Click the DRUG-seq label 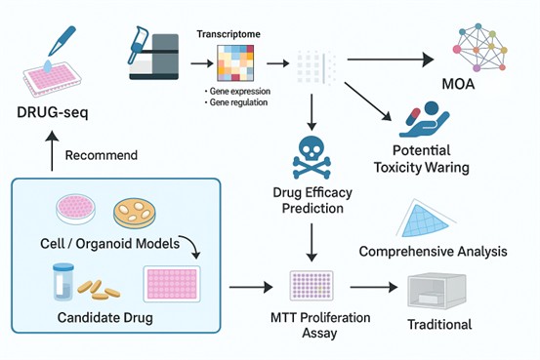(x=53, y=112)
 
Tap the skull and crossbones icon (x=312, y=157)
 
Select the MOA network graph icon (x=480, y=48)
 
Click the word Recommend (x=102, y=155)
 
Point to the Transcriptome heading (x=228, y=34)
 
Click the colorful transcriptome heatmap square (x=235, y=63)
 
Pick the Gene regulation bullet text (x=236, y=102)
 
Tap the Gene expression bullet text (x=237, y=91)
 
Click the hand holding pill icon (x=424, y=119)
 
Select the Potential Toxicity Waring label (x=422, y=159)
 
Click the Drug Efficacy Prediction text (x=312, y=200)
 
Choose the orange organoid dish (x=135, y=214)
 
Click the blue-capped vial (x=63, y=282)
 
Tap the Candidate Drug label (x=105, y=317)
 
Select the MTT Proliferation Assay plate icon (x=312, y=285)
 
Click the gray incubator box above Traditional (x=436, y=291)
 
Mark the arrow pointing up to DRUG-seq (x=52, y=151)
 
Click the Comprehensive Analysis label (x=433, y=252)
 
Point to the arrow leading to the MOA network (x=391, y=60)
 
